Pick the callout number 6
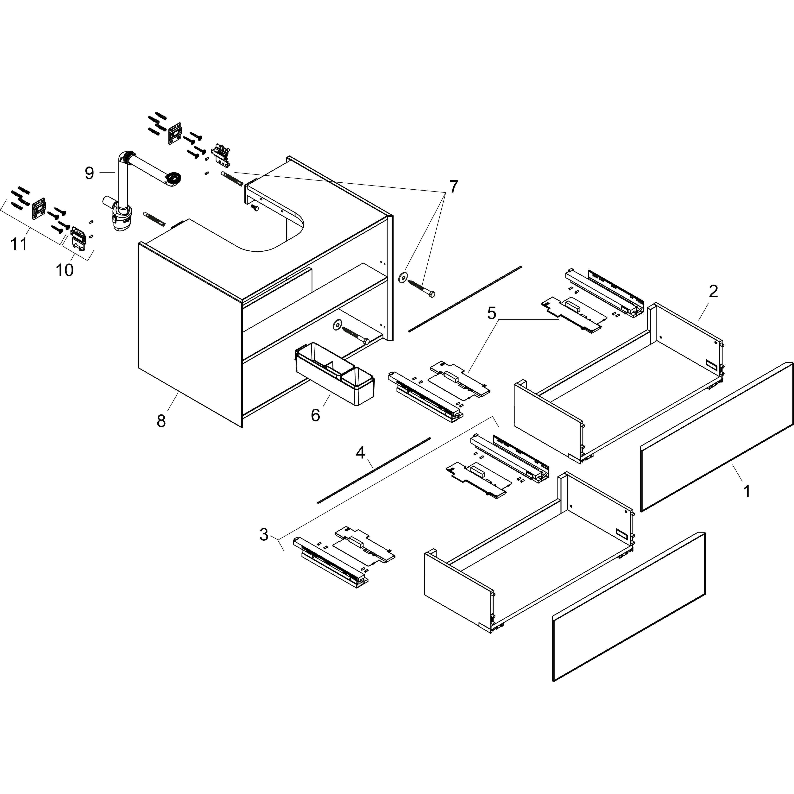(315, 415)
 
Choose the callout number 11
(19, 244)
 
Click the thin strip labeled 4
(374, 470)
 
